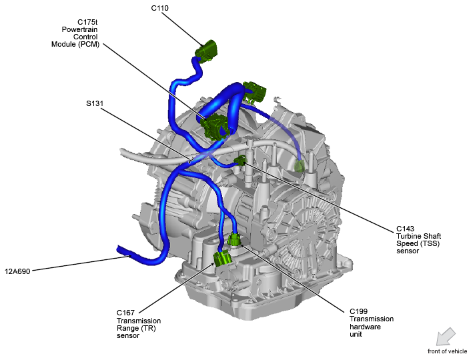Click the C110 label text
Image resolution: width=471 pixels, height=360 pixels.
pos(160,8)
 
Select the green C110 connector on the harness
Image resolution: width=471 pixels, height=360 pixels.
pos(207,52)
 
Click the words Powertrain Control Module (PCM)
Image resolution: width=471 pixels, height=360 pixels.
pos(77,37)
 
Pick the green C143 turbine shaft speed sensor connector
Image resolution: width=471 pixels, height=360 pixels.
pos(241,160)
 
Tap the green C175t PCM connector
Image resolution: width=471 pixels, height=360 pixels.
pos(215,125)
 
